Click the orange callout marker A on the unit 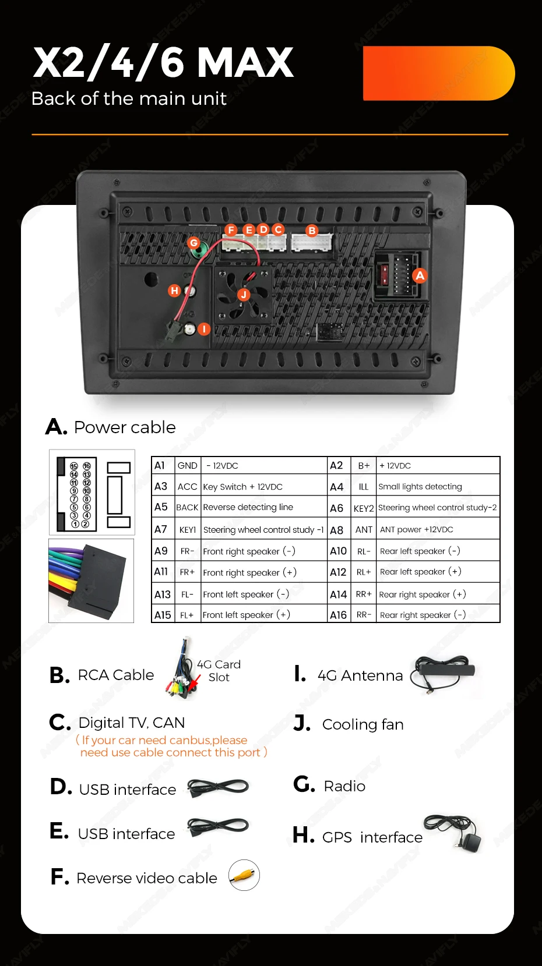pos(420,275)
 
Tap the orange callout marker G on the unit pos(194,243)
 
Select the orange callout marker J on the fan pos(244,295)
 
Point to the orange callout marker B pos(312,231)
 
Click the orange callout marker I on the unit pos(203,329)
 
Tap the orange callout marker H pos(174,291)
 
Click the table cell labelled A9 pos(161,551)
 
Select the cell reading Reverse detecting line pos(248,507)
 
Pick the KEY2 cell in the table pos(364,508)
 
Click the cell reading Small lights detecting pos(420,487)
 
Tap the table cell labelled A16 pos(338,615)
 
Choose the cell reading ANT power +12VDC pos(416,530)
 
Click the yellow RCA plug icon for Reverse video pos(244,875)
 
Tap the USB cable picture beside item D pos(218,787)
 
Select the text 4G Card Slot pos(219,671)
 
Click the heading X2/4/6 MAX pos(163,62)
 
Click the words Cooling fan pos(362,724)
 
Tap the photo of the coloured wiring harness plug pos(91,581)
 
